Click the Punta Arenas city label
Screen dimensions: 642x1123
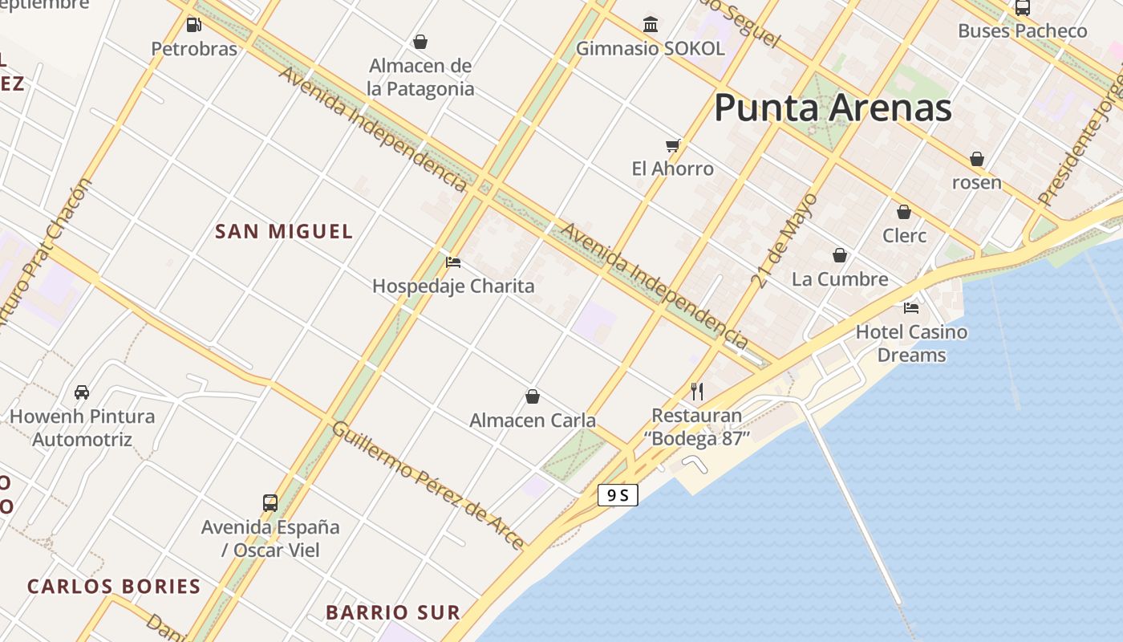click(x=833, y=108)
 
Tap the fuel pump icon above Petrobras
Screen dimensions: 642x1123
click(x=193, y=25)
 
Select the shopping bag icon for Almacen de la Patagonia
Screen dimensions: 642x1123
click(x=420, y=42)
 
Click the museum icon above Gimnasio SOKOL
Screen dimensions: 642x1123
click(x=651, y=24)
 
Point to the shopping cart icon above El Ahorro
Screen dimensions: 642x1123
click(x=673, y=145)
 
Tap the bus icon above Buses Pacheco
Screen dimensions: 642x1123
click(x=1023, y=8)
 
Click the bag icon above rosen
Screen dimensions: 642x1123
click(x=977, y=159)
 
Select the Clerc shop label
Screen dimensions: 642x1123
click(x=904, y=236)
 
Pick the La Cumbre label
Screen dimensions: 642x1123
click(x=840, y=279)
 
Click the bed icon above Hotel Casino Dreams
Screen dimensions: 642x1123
click(x=911, y=307)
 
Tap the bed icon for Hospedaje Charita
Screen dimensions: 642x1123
click(x=453, y=262)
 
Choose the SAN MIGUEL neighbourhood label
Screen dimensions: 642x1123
click(x=284, y=232)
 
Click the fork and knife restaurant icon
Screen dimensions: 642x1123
click(x=697, y=392)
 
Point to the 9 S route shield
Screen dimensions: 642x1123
click(x=618, y=495)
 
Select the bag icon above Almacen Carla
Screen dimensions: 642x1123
click(x=533, y=396)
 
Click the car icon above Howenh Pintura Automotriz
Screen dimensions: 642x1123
click(x=82, y=392)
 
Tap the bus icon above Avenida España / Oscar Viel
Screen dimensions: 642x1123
click(x=270, y=503)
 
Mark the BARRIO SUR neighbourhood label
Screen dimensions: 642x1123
click(x=393, y=613)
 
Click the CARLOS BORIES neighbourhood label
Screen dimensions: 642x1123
click(x=114, y=587)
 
